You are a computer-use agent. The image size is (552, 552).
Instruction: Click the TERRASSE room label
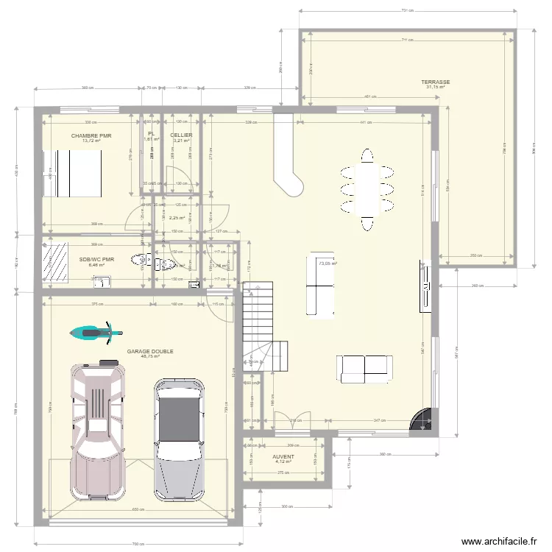pos(436,82)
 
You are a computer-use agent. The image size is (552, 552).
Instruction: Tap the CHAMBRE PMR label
pos(91,136)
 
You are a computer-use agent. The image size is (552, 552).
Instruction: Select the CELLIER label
pos(181,135)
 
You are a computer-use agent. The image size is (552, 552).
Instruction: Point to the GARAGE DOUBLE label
pos(150,352)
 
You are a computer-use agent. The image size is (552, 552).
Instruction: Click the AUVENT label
pos(283,456)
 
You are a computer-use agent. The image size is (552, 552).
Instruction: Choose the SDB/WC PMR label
pos(97,259)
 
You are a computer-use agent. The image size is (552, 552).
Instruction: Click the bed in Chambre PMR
pos(71,174)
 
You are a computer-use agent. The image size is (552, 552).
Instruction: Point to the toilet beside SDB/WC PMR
pos(140,259)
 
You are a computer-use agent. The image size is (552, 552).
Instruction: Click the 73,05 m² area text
pos(328,262)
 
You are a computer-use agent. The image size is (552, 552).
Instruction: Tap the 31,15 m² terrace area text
pos(436,88)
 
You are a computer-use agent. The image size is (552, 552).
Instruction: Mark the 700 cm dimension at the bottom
pos(136,544)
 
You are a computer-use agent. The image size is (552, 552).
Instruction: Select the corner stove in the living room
pos(423,420)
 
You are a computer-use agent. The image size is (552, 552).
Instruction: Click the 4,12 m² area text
pos(283,462)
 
